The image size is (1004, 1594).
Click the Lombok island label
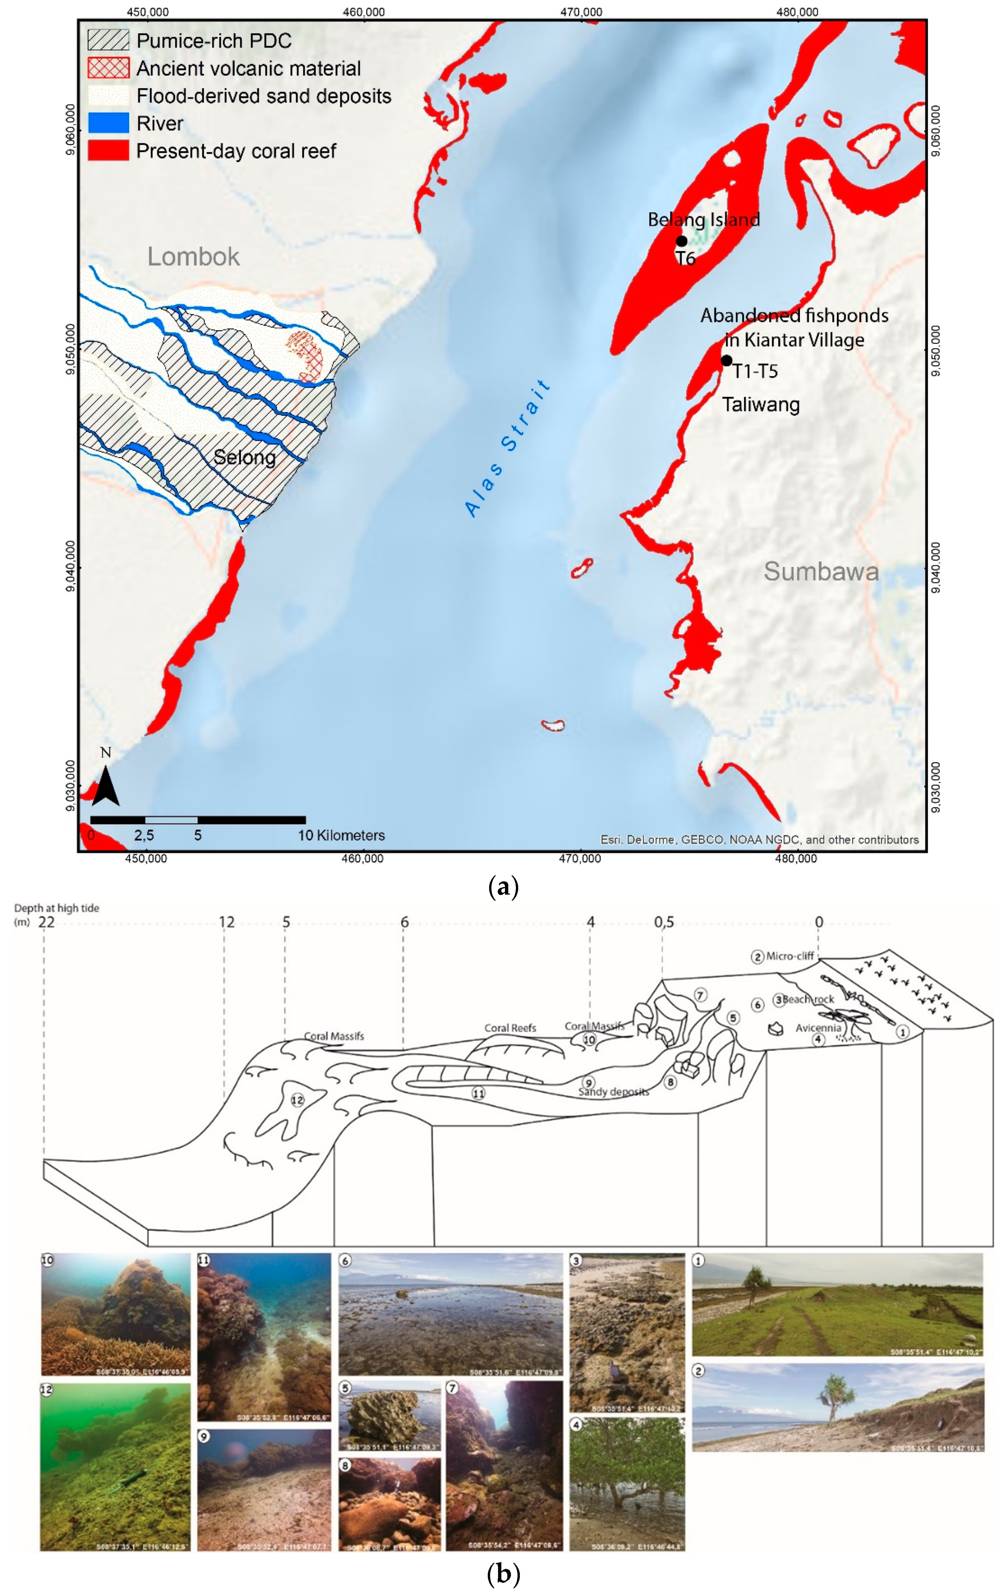193,257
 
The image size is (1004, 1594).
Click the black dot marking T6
681,241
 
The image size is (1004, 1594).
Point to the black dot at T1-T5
726,361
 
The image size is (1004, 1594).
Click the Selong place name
244,458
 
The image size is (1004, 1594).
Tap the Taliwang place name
760,404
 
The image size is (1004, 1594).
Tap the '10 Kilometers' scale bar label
341,836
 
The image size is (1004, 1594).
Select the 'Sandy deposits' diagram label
614,1092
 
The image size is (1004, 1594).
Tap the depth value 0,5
664,922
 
